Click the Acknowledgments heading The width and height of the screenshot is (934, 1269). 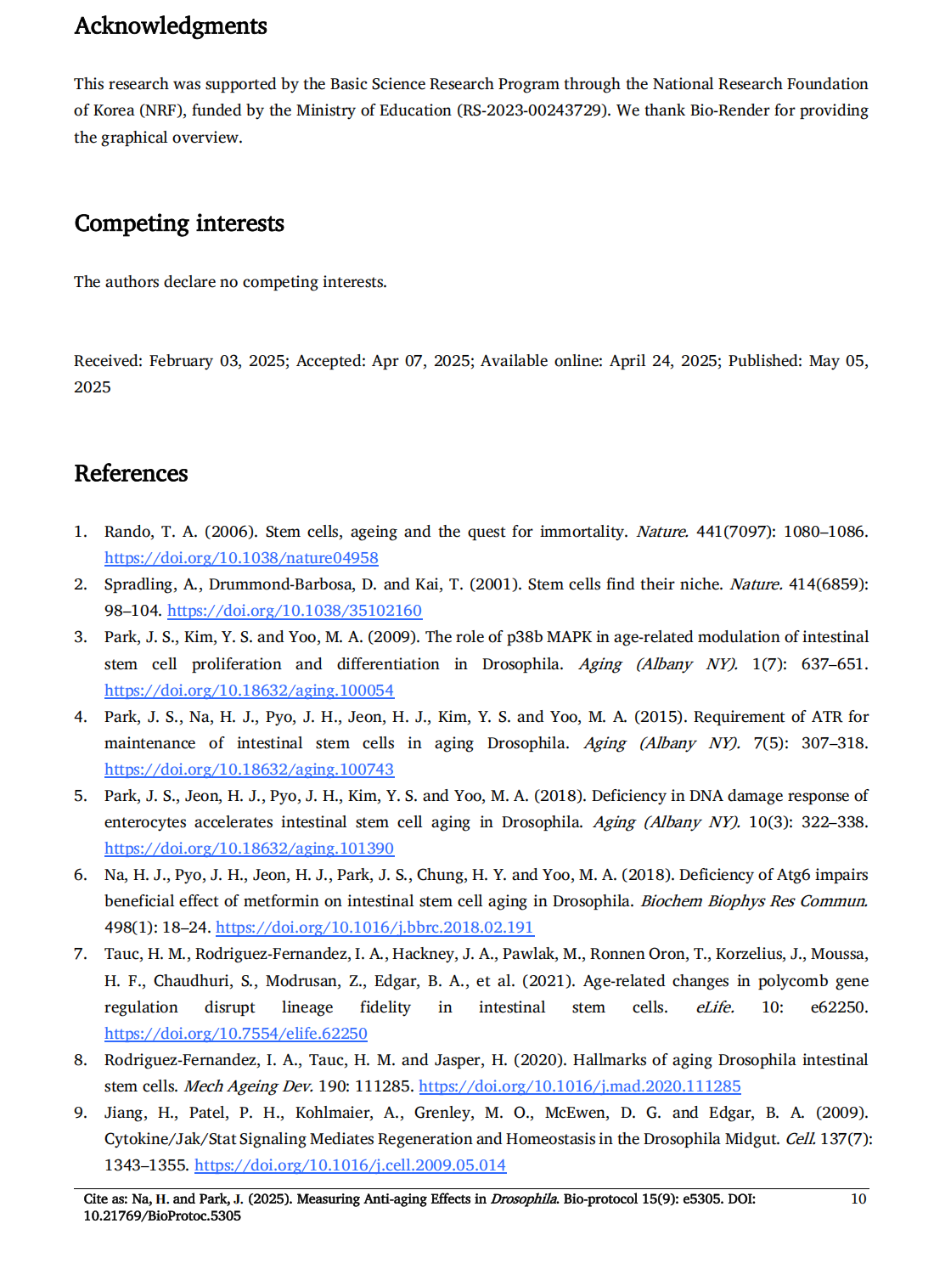[x=171, y=26]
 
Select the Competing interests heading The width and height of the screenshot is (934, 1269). [x=179, y=223]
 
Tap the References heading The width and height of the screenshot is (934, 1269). [x=131, y=473]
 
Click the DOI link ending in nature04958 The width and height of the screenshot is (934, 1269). [x=241, y=558]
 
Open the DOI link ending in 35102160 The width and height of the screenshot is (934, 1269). [x=294, y=611]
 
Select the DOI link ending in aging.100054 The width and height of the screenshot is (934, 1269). [x=249, y=691]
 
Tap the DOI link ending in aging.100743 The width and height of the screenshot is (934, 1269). [x=249, y=770]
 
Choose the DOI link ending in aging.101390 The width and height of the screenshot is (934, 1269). [x=249, y=849]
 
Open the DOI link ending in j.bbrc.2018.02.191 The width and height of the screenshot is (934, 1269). [x=374, y=928]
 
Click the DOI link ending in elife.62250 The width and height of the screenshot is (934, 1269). [x=235, y=1034]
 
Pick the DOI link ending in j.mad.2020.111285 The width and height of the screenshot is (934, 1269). [x=579, y=1086]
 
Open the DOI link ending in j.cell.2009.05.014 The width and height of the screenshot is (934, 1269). [x=350, y=1165]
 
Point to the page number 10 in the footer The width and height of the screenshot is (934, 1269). [x=858, y=1198]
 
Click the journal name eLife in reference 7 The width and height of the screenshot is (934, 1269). [x=714, y=1007]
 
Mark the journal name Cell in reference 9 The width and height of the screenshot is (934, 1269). [x=800, y=1139]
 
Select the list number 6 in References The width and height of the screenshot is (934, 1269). [x=80, y=875]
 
